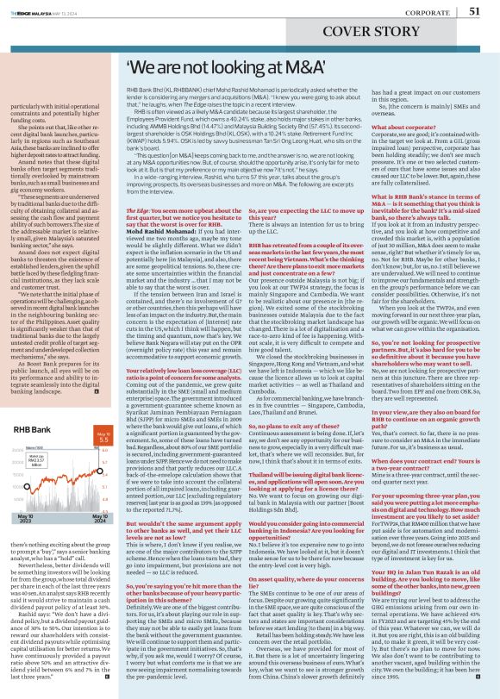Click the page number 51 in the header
pos(475,11)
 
